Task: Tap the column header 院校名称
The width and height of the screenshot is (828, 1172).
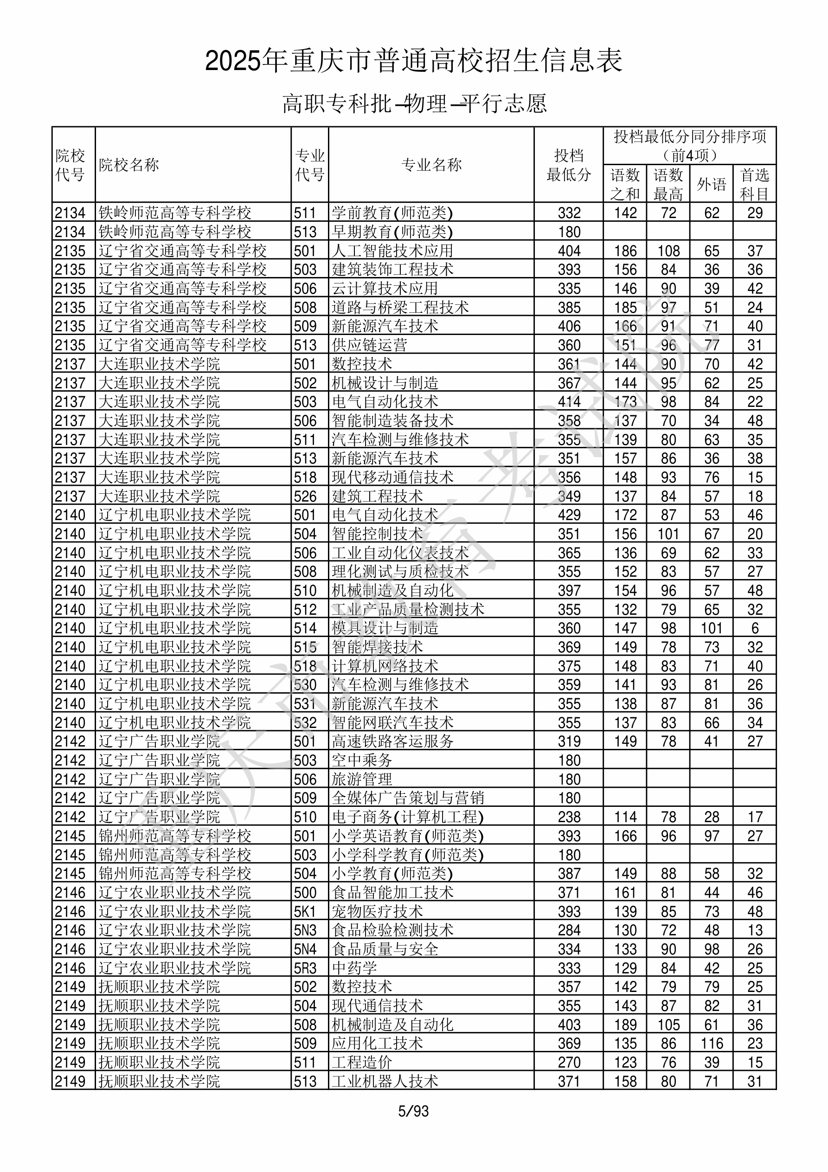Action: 129,165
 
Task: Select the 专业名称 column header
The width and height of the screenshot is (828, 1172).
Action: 431,165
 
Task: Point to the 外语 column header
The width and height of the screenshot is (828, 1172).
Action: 711,184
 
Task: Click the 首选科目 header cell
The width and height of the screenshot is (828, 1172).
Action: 755,184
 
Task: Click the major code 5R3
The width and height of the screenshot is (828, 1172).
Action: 305,968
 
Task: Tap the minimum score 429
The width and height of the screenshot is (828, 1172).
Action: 569,515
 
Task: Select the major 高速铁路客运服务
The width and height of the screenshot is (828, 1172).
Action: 392,741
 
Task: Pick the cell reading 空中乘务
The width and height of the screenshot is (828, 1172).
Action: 362,760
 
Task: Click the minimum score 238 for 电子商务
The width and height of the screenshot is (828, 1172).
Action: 569,817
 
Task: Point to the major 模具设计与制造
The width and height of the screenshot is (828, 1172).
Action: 385,628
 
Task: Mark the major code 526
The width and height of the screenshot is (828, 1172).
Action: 305,496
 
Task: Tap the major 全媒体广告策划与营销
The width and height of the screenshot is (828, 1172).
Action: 408,798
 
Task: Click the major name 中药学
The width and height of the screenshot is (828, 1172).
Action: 354,968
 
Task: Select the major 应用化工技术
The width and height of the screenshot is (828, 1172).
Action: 377,1043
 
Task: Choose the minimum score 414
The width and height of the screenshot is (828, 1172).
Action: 569,401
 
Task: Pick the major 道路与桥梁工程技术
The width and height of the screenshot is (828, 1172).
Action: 400,307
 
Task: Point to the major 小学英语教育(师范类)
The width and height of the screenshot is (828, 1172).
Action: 407,836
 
